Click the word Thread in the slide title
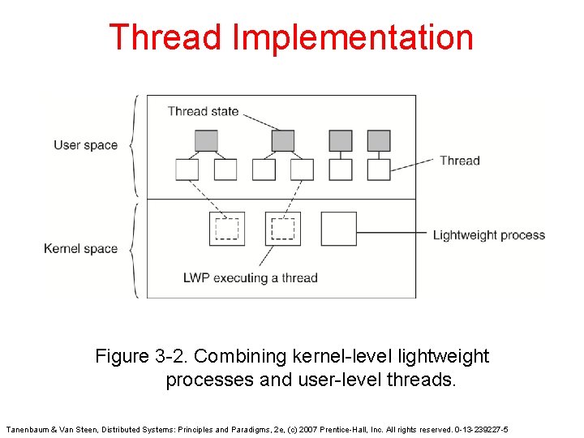tap(165, 38)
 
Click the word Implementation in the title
tap(352, 38)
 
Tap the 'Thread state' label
tap(203, 111)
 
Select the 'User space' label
tap(85, 145)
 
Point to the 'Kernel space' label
tap(80, 248)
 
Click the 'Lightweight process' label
tap(488, 235)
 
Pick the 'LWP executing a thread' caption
tap(250, 277)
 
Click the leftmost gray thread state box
tap(206, 141)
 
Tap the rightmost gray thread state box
tap(379, 141)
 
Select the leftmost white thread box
tap(187, 170)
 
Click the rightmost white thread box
tap(379, 170)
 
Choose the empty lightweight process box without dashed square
tap(338, 229)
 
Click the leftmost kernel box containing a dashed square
tap(226, 229)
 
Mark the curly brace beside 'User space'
tap(132, 146)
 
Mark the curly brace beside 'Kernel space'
tap(132, 248)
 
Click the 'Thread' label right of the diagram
tap(459, 161)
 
